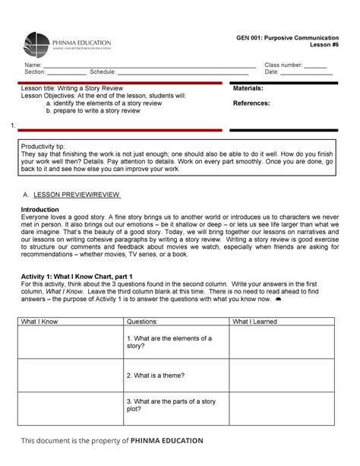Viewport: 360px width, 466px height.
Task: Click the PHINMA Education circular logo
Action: pos(37,44)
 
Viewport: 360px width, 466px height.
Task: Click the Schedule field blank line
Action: pos(182,73)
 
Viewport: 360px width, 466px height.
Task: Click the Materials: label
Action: pos(248,89)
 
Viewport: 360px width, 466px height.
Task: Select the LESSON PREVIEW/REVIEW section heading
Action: pos(77,195)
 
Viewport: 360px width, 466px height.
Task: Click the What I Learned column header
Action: pos(255,322)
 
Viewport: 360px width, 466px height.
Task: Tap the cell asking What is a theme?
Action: pos(156,375)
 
